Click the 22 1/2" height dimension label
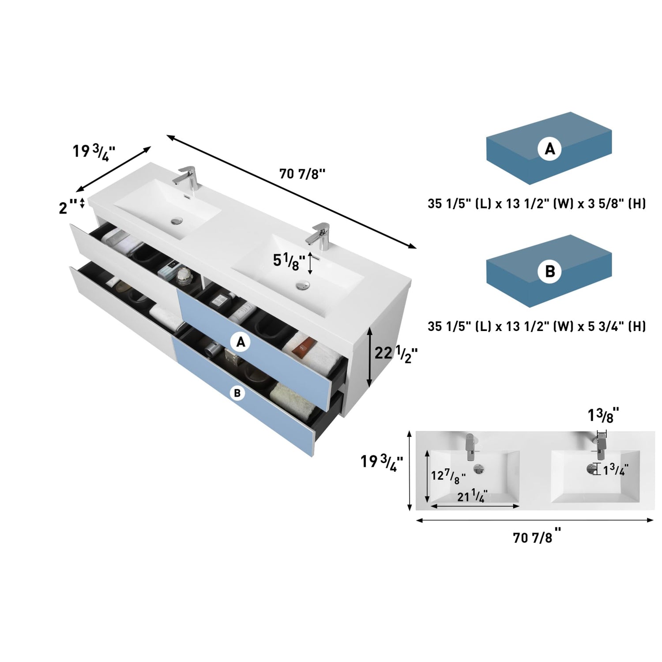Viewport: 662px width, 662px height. (x=396, y=354)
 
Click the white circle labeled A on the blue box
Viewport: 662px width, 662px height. (x=549, y=149)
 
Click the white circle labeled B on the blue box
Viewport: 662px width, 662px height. (x=549, y=271)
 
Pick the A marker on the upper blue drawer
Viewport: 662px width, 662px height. (x=241, y=342)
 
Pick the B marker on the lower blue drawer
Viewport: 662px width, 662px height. (x=237, y=393)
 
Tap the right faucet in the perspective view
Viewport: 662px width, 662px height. (x=319, y=233)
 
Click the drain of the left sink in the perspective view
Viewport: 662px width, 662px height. (x=177, y=220)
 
